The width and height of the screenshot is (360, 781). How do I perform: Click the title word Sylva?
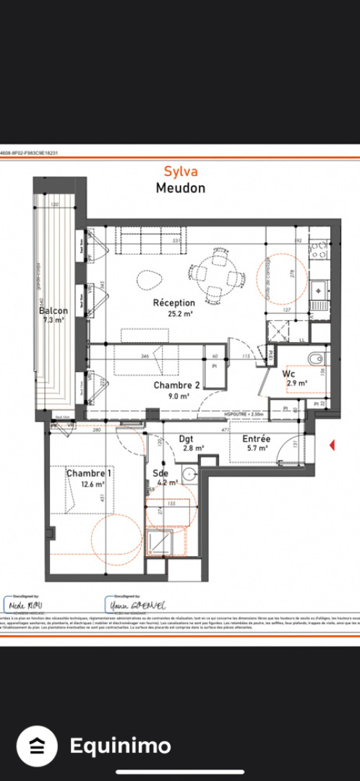tap(180, 171)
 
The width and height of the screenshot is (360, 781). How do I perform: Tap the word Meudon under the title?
tap(180, 188)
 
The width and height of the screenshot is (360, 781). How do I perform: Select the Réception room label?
tap(173, 303)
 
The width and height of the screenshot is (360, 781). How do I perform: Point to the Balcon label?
tap(53, 311)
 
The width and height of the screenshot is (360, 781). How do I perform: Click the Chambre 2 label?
tap(171, 386)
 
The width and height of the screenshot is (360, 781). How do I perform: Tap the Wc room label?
tap(288, 374)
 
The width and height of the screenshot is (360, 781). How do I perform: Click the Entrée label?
tap(256, 439)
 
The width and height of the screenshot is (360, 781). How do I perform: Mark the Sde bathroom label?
tap(160, 474)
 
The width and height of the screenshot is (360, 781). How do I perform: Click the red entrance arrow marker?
tap(332, 445)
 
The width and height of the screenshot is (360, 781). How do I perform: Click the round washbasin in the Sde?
tap(189, 474)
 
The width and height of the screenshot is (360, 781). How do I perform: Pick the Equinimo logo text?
tap(120, 746)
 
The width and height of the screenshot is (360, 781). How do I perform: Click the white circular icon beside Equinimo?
tap(36, 746)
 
